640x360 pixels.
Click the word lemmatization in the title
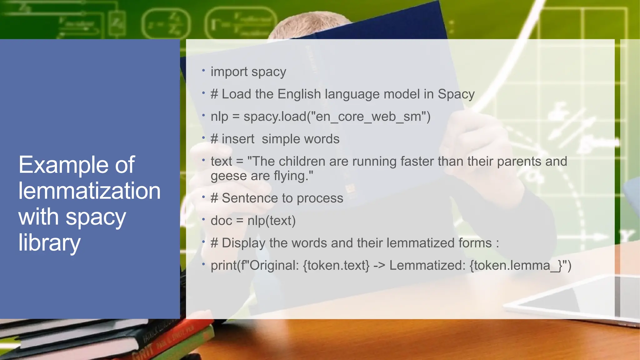[89, 191]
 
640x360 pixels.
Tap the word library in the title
[49, 243]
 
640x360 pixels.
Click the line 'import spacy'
[248, 72]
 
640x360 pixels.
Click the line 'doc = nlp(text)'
[253, 221]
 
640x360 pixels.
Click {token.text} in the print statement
[336, 266]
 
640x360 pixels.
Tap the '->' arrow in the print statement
[379, 266]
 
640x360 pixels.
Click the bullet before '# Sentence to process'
[203, 197]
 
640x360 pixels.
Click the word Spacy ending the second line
[456, 94]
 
